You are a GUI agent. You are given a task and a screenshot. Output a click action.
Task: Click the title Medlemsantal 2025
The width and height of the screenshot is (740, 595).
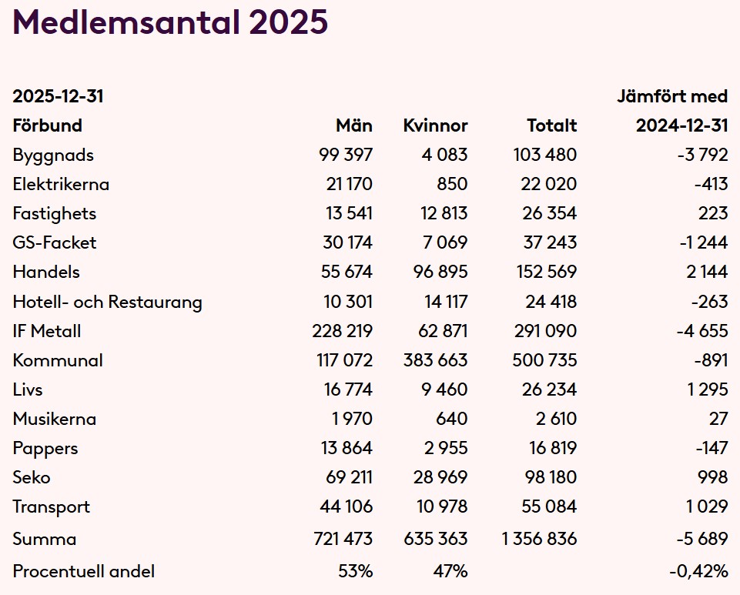point(170,23)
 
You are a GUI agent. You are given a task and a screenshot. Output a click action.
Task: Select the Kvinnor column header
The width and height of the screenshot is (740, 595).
point(435,125)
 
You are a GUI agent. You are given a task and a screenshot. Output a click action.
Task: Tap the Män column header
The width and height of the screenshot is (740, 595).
point(353,125)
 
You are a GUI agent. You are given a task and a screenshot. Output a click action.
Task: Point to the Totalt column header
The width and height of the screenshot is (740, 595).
point(551,125)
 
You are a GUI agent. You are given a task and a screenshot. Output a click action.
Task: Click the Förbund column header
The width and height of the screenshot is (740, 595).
point(47,125)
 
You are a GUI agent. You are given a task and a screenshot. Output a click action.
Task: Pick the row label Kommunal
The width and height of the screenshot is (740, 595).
point(58,360)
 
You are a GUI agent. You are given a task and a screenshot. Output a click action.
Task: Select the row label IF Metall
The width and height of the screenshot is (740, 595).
point(46,331)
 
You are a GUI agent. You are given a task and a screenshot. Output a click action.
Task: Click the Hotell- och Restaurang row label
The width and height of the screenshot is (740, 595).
point(107,302)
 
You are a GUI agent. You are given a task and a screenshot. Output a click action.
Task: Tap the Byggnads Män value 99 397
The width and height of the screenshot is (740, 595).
point(346,155)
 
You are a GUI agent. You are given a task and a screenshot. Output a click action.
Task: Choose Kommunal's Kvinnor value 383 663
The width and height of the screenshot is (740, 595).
point(435,360)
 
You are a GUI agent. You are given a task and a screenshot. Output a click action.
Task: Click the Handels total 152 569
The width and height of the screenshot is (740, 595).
point(544,272)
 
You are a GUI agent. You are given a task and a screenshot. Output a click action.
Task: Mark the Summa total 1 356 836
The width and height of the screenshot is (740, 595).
point(539,539)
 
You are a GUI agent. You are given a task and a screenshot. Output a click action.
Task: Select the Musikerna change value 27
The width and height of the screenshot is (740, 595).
point(718,419)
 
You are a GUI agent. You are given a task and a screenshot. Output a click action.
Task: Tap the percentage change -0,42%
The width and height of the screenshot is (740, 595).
point(698,571)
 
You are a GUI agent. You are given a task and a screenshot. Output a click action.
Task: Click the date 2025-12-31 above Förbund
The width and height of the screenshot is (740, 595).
point(58,96)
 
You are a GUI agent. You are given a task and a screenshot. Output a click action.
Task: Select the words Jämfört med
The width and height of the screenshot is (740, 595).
point(671,96)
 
